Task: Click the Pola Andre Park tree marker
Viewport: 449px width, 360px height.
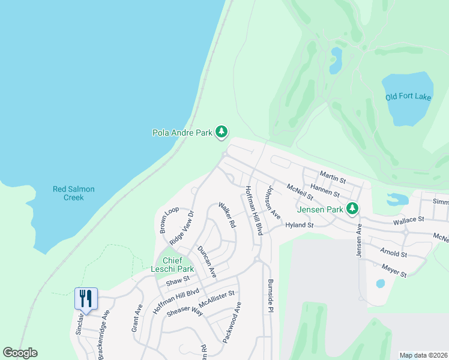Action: pos(221,132)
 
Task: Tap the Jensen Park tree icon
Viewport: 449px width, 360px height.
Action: pos(352,209)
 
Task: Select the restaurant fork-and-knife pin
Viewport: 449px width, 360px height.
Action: pos(85,298)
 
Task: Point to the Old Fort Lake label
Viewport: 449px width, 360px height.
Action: pos(408,97)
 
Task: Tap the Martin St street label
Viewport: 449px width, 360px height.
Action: pos(333,177)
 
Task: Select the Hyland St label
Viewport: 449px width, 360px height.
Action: pos(300,225)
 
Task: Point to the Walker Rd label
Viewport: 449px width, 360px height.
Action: pos(227,214)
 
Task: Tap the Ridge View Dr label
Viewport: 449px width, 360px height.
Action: pos(182,227)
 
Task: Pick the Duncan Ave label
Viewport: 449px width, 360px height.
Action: pos(206,262)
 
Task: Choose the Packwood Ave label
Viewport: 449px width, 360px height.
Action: pos(232,322)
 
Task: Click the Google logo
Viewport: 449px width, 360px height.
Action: pos(20,353)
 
